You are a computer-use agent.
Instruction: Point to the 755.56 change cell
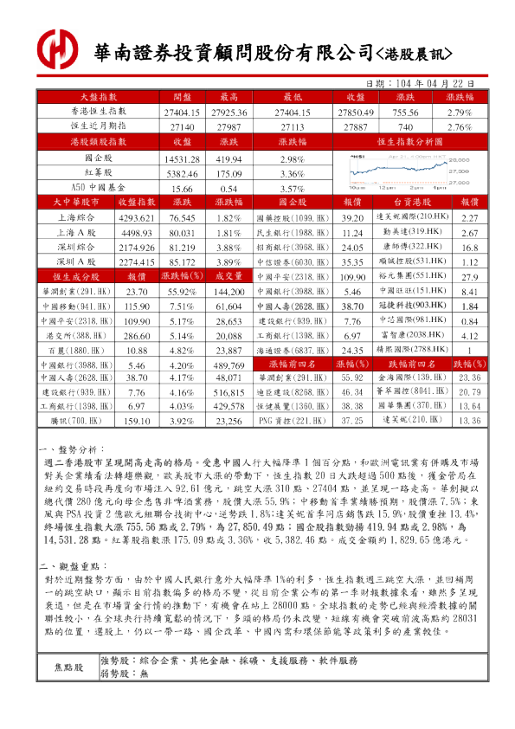pos(406,113)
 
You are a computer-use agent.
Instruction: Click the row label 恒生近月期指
pos(98,127)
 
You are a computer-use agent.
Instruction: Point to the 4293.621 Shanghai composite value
pos(136,218)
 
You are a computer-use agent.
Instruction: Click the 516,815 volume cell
pos(229,392)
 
